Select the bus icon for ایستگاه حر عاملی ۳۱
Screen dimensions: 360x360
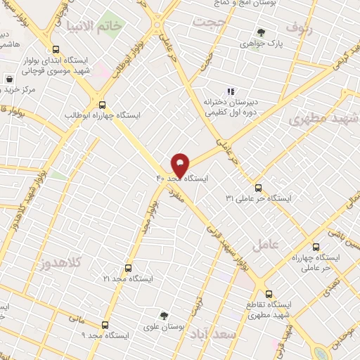(258, 188)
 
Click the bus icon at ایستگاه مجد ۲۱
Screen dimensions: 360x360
(127, 268)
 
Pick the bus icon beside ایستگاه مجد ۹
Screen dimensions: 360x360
(105, 325)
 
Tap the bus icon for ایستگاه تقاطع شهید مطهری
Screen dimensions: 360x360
(269, 294)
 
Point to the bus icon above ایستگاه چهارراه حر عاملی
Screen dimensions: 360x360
(315, 247)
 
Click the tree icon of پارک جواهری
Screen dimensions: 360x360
(261, 32)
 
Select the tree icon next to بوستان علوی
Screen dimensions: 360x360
(164, 316)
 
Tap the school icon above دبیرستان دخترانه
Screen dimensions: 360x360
(229, 91)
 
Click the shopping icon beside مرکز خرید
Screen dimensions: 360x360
(8, 79)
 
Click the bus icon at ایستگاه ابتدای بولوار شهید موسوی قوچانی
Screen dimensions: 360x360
(56, 49)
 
